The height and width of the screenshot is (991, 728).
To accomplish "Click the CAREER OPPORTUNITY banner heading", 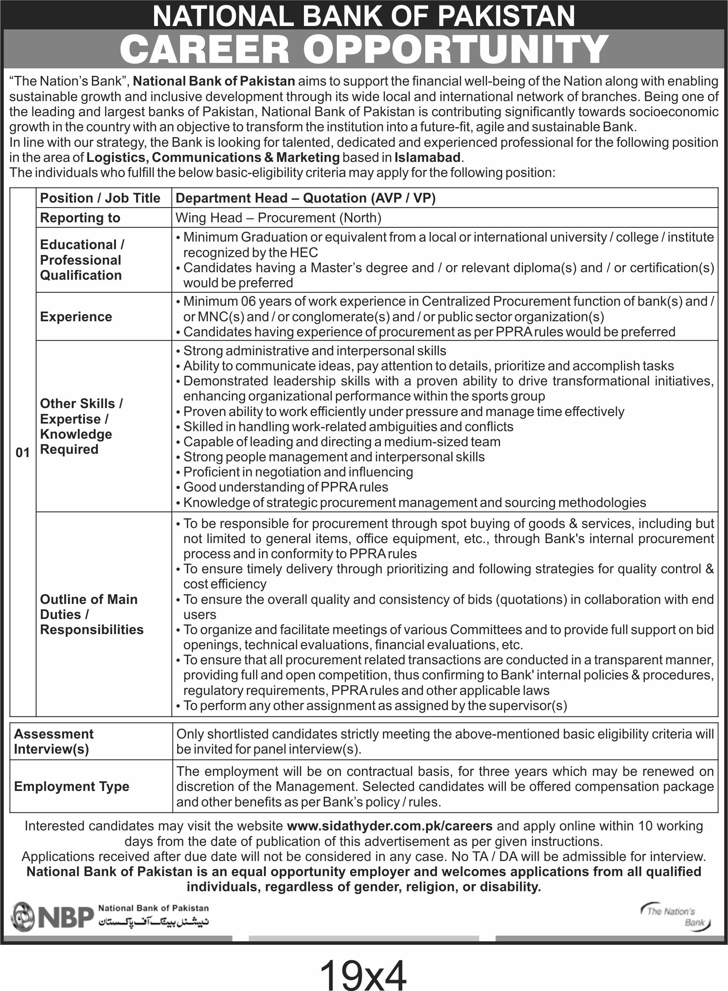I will [364, 49].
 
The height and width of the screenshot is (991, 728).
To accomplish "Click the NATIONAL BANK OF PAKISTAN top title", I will [364, 16].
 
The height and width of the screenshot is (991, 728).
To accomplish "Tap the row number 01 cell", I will [23, 452].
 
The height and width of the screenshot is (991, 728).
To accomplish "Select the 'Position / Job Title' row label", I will [100, 198].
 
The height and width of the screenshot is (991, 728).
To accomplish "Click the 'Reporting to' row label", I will [80, 218].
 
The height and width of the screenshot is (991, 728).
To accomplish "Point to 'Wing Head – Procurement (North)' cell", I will [278, 218].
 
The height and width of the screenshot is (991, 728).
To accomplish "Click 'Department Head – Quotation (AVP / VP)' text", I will [305, 198].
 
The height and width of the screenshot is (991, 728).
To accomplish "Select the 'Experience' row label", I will [76, 317].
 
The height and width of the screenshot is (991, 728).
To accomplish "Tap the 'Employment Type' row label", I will [72, 786].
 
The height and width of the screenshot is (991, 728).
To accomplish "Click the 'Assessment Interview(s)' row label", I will [54, 741].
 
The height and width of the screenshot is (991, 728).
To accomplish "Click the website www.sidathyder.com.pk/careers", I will [390, 826].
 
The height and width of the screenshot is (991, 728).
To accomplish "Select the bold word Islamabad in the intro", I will [427, 157].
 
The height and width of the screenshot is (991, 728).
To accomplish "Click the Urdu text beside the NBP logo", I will [153, 922].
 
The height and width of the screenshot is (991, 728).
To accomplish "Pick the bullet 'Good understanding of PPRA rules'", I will [285, 487].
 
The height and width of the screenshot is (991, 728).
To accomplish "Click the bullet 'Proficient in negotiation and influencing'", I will [298, 472].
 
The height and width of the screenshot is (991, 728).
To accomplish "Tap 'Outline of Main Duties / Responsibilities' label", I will [92, 614].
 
